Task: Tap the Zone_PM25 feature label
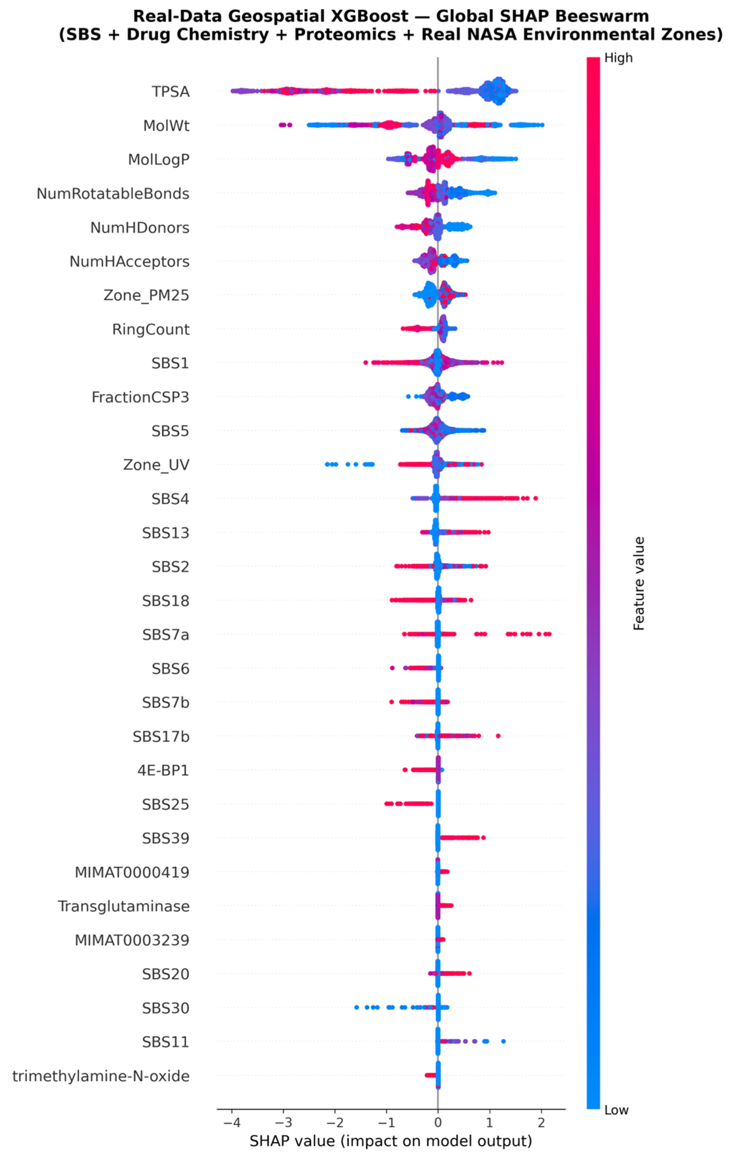[x=146, y=295]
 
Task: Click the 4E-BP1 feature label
[x=163, y=770]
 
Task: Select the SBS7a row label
[x=165, y=635]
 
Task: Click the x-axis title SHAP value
[x=390, y=1141]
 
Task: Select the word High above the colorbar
[x=618, y=58]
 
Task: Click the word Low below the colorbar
[x=616, y=1110]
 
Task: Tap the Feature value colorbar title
[x=639, y=584]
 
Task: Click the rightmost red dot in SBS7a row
[x=549, y=634]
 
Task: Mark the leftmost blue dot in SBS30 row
[x=356, y=1007]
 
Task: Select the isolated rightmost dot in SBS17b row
[x=498, y=736]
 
